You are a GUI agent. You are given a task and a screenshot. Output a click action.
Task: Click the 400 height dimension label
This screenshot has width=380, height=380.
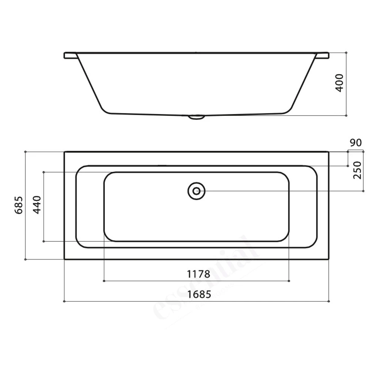pos(340,82)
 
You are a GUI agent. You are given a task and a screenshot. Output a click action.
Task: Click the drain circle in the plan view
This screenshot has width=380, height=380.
pos(196,191)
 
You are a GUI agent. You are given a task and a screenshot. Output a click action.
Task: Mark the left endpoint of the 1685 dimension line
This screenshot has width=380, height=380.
pos(64,301)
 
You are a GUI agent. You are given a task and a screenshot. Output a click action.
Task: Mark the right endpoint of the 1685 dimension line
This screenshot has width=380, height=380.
pos(328,301)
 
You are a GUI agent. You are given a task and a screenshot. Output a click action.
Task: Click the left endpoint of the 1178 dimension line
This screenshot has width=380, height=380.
pos(104,281)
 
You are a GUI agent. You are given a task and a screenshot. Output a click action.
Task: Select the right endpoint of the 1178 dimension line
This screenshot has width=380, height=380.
pos(289,281)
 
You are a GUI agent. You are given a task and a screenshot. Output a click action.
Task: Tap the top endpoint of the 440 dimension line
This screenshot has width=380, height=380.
pos(44,172)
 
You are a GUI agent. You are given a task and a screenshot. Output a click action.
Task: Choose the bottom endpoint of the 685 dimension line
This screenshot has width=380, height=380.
pos(25,260)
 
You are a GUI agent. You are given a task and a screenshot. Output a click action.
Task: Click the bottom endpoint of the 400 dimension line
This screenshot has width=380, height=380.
pos(347,114)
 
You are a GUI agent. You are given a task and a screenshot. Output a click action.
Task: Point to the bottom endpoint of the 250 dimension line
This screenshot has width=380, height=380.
pos(363,191)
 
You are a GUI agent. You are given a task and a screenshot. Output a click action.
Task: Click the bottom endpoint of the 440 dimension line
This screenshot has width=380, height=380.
pos(44,241)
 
